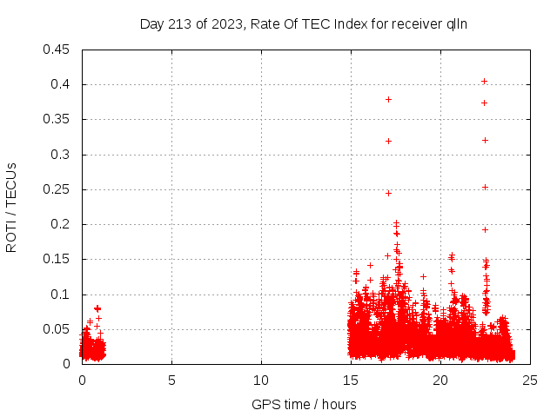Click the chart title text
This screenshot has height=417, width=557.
[304, 23]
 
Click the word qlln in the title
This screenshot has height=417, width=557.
[457, 23]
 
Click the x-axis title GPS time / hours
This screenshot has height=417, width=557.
[304, 404]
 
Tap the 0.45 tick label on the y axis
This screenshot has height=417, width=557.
[57, 50]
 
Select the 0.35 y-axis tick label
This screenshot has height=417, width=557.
[57, 119]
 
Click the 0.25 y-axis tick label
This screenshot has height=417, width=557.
[57, 189]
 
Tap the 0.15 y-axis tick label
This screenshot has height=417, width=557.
[57, 259]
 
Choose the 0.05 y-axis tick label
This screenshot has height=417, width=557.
[57, 329]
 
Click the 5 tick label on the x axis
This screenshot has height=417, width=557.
[171, 381]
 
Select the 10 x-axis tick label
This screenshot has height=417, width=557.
[261, 381]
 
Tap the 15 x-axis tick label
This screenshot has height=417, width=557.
[351, 381]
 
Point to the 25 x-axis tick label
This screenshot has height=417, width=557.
[530, 381]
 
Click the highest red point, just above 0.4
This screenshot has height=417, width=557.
[484, 81]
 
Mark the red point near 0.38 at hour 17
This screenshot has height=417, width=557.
[388, 99]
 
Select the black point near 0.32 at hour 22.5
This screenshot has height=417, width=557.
[485, 140]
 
